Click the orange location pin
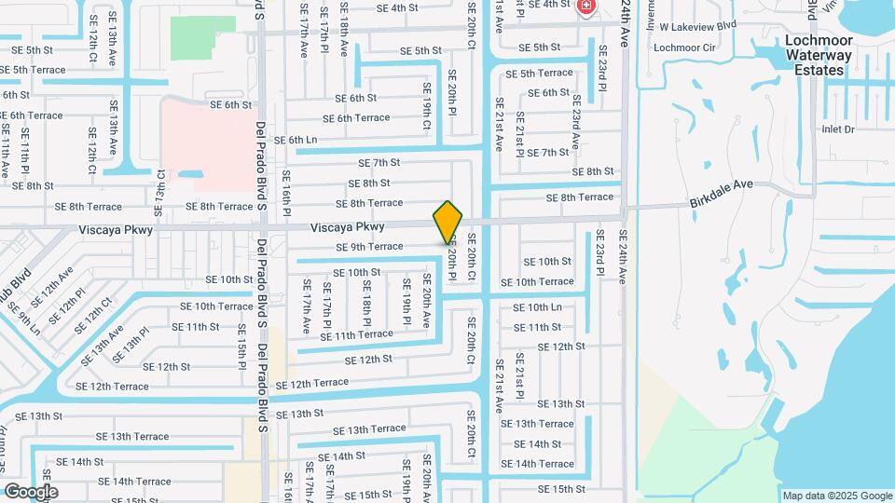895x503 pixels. pos(447,222)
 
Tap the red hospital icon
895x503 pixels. pos(585,7)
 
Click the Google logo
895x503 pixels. pos(30,492)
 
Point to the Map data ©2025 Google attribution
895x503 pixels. pos(837,496)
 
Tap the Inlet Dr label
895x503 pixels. pos(837,129)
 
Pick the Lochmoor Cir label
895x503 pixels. pos(684,48)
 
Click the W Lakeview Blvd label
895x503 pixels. pos(697,26)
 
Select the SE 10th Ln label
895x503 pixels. pos(537,306)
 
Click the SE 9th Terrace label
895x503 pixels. pos(369,247)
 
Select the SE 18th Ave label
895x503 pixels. pos(345,32)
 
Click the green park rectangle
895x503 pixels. pos(202,37)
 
